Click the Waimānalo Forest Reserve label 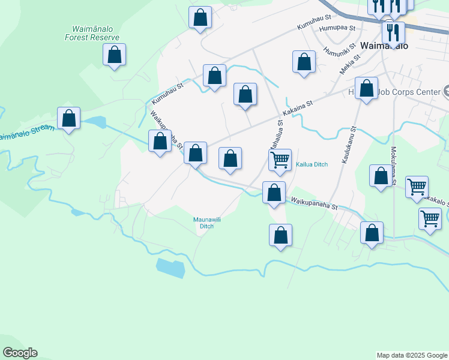click(x=92, y=33)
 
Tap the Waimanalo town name click(x=384, y=46)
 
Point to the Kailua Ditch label click(x=312, y=164)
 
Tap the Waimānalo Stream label click(x=25, y=136)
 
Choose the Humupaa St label click(x=337, y=28)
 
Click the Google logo click(x=20, y=353)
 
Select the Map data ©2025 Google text click(x=412, y=355)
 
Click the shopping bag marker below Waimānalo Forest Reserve click(x=114, y=56)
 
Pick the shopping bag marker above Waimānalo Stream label click(x=69, y=118)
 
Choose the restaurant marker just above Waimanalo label click(x=393, y=32)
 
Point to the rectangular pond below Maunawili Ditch click(x=170, y=268)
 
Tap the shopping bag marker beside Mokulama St click(x=381, y=177)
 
